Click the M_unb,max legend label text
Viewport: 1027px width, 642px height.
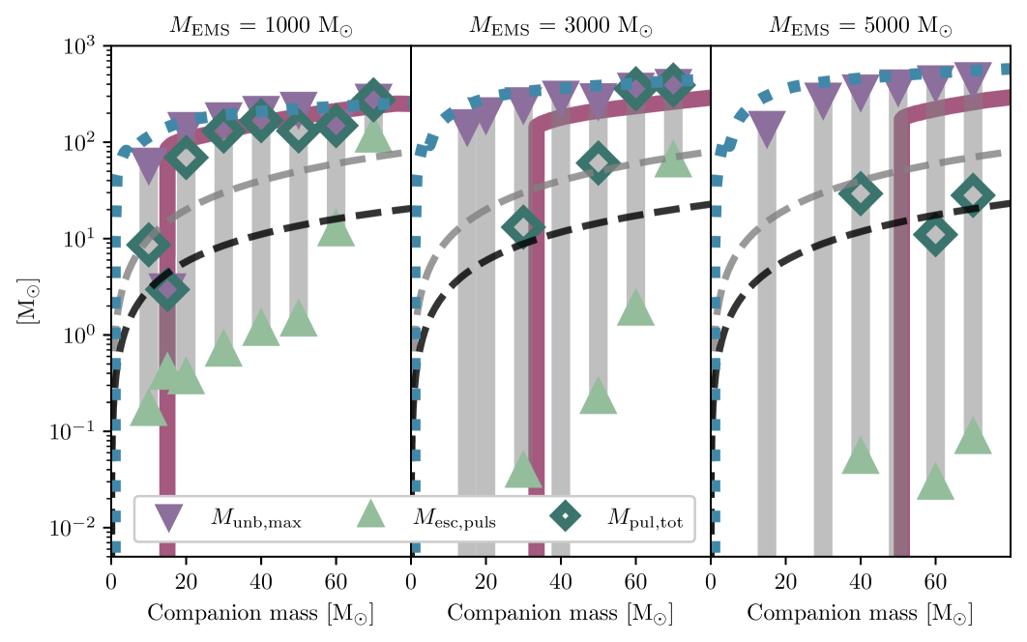tap(255, 519)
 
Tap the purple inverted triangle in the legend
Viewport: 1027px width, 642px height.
tap(168, 517)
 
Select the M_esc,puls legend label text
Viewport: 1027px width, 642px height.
tap(454, 519)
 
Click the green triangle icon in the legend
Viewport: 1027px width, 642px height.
tap(370, 514)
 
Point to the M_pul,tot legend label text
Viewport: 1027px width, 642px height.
tap(644, 519)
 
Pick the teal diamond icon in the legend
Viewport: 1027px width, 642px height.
tap(565, 516)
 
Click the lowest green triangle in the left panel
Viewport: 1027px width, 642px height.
tap(148, 410)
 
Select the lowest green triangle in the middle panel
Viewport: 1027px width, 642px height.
tap(523, 471)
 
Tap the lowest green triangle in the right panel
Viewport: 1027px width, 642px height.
tap(935, 482)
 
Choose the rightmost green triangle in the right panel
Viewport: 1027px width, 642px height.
tap(973, 437)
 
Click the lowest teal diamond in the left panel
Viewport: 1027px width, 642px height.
tap(166, 289)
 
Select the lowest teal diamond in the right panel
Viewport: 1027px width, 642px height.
tap(935, 235)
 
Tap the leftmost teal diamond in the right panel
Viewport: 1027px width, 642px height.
tap(861, 194)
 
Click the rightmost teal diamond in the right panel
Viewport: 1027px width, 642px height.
tap(973, 195)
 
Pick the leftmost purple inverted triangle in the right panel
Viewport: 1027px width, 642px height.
tap(767, 126)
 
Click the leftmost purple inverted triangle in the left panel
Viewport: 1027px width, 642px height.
tap(148, 163)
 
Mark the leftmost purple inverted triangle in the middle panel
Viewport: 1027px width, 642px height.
tap(468, 125)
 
